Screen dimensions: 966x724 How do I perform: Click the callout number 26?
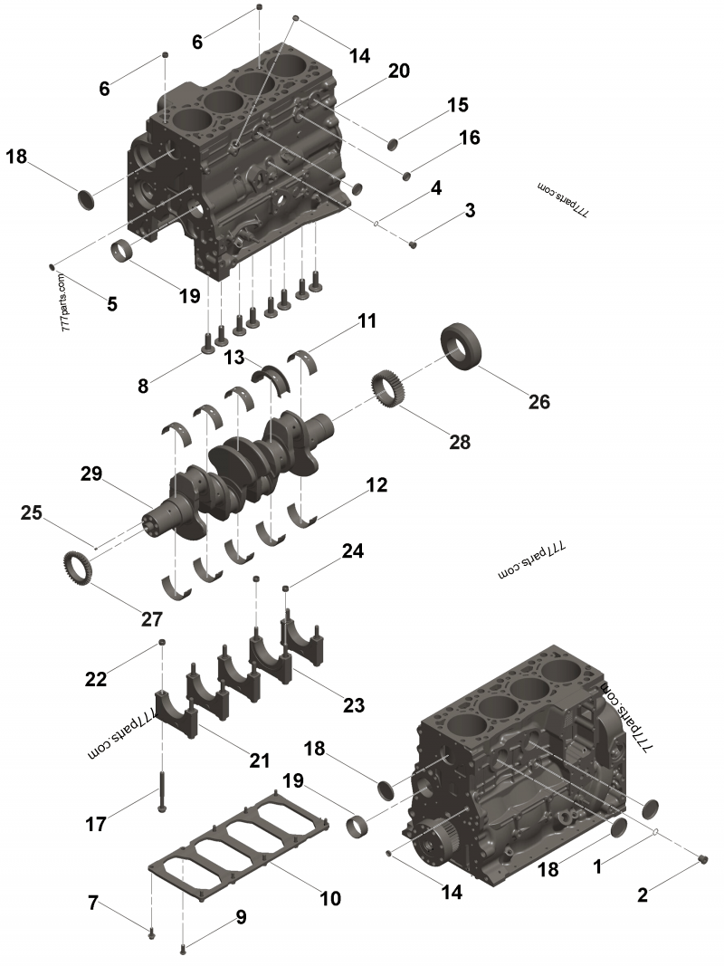coord(538,401)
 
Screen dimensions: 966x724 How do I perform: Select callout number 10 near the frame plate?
coord(329,898)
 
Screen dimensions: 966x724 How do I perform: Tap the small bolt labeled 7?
coord(151,931)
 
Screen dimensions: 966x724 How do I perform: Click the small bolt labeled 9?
coord(184,948)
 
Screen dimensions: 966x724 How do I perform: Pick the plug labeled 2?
coord(705,859)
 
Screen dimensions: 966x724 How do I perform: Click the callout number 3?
coord(470,211)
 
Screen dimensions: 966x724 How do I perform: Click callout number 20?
coord(399,72)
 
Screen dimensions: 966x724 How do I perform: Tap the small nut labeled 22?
coord(161,642)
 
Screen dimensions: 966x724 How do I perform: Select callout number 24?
coord(352,550)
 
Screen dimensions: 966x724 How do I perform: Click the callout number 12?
coord(376,485)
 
